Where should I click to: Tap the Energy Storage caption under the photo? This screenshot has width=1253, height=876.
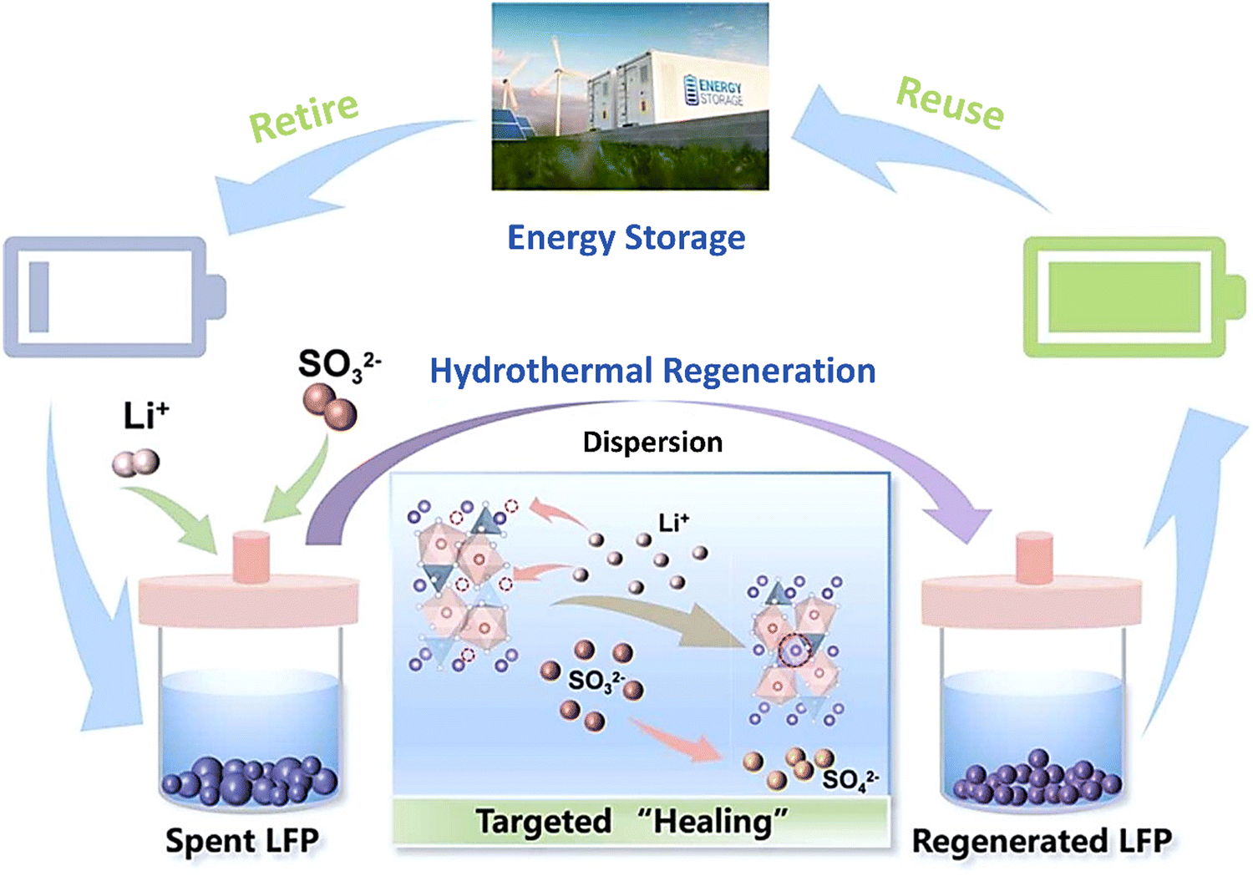(626, 238)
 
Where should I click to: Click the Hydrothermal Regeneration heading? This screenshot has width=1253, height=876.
(652, 371)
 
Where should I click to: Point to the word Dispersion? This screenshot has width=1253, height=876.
(652, 442)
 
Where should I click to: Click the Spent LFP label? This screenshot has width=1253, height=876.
(242, 840)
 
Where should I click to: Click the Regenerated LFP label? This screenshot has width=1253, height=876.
(1042, 840)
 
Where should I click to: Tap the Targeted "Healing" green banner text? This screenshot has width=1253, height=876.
(632, 821)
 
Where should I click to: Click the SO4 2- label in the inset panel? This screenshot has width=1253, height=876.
(850, 780)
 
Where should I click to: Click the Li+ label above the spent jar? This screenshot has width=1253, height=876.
(146, 415)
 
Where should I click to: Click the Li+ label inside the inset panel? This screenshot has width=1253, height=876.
(673, 523)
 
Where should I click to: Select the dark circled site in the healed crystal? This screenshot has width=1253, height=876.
(794, 651)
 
